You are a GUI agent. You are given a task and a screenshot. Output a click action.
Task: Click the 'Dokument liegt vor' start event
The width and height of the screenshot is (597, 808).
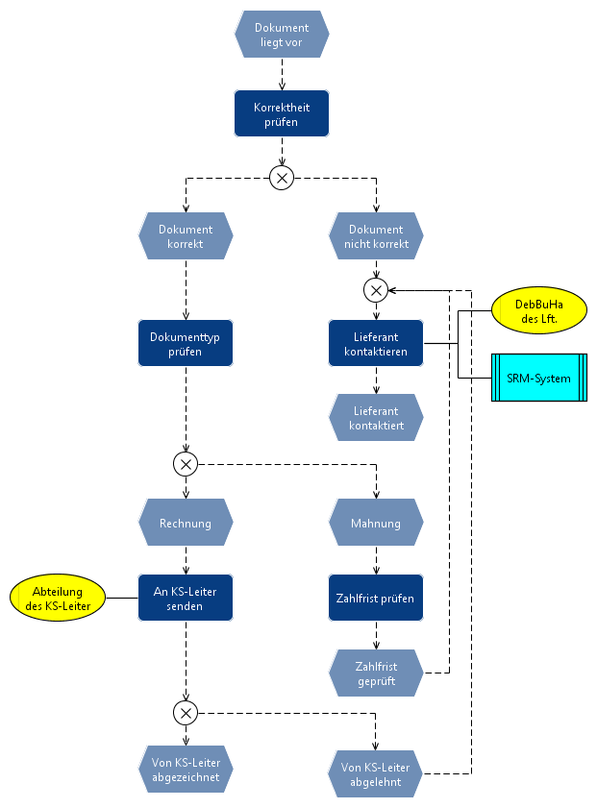point(282,35)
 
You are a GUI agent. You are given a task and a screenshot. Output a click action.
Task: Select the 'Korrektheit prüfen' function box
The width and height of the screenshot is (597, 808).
point(282,113)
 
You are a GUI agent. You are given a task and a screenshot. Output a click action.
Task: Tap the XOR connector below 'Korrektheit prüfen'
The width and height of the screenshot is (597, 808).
point(282,178)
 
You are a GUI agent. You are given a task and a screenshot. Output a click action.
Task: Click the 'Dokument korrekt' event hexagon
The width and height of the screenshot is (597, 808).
point(186,236)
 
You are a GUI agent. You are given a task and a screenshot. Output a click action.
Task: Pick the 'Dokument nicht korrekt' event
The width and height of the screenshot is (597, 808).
point(376,236)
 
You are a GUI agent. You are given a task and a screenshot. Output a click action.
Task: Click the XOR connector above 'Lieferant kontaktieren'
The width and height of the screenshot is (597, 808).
point(376,289)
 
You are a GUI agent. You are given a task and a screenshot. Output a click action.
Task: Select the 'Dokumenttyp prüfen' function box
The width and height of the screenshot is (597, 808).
point(186,344)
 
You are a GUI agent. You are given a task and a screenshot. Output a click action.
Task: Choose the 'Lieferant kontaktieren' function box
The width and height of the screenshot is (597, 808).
point(376,344)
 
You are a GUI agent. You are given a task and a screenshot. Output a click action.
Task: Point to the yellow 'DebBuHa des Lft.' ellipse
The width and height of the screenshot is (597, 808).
point(538,310)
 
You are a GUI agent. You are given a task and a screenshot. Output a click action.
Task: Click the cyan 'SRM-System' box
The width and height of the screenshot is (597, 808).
point(538,378)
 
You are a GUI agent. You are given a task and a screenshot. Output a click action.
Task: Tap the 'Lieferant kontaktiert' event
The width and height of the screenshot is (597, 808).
point(376,417)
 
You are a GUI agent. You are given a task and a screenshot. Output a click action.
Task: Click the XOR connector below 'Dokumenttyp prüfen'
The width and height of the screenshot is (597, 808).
point(186,464)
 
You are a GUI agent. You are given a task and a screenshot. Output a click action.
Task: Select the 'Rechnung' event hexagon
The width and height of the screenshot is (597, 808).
point(186,524)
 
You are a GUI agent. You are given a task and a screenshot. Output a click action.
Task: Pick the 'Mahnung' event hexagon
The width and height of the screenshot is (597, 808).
point(376,524)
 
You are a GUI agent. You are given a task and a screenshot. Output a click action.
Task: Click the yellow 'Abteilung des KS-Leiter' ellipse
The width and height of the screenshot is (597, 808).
point(58,598)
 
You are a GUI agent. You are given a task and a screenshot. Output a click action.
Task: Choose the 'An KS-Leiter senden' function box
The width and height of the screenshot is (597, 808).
point(186,598)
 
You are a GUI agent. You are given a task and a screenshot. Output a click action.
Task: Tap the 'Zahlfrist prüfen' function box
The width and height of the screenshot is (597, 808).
point(376,598)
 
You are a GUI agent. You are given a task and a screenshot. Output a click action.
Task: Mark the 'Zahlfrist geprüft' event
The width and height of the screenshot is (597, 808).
point(376,673)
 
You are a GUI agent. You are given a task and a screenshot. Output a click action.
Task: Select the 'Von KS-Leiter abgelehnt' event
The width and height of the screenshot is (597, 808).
point(376,773)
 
